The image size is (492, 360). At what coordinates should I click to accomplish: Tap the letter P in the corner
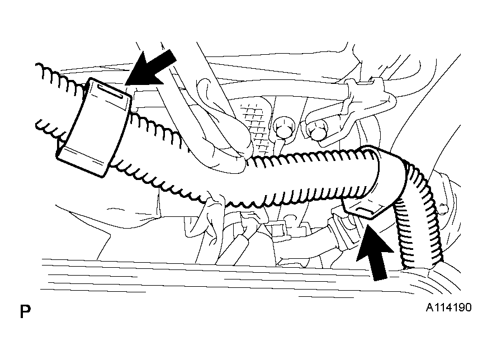[x=25, y=311]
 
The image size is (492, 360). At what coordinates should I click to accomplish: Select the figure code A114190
[x=448, y=307]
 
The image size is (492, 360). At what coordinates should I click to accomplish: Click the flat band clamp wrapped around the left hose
[x=94, y=127]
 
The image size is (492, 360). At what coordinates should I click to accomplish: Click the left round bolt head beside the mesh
[x=283, y=127]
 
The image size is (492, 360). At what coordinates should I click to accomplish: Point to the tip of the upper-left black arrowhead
[x=125, y=85]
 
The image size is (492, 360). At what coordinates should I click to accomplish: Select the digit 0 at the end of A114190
[x=467, y=307]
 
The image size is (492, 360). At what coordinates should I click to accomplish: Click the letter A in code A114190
[x=429, y=307]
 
